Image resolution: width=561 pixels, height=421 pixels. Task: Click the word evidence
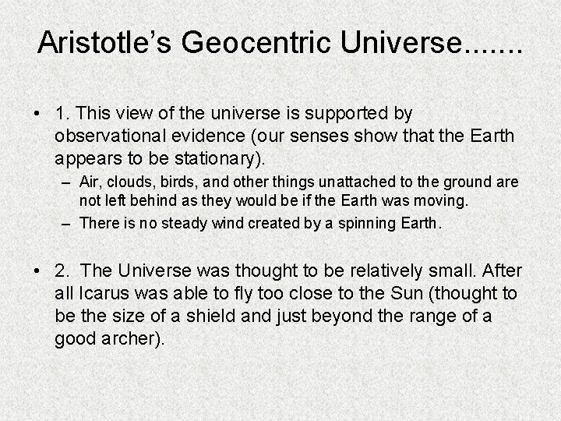(215, 136)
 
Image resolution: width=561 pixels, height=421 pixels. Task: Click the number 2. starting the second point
(63, 270)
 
